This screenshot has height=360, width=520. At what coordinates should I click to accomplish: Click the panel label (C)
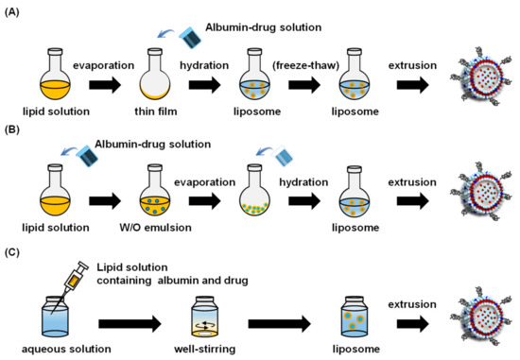coord(14,244)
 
